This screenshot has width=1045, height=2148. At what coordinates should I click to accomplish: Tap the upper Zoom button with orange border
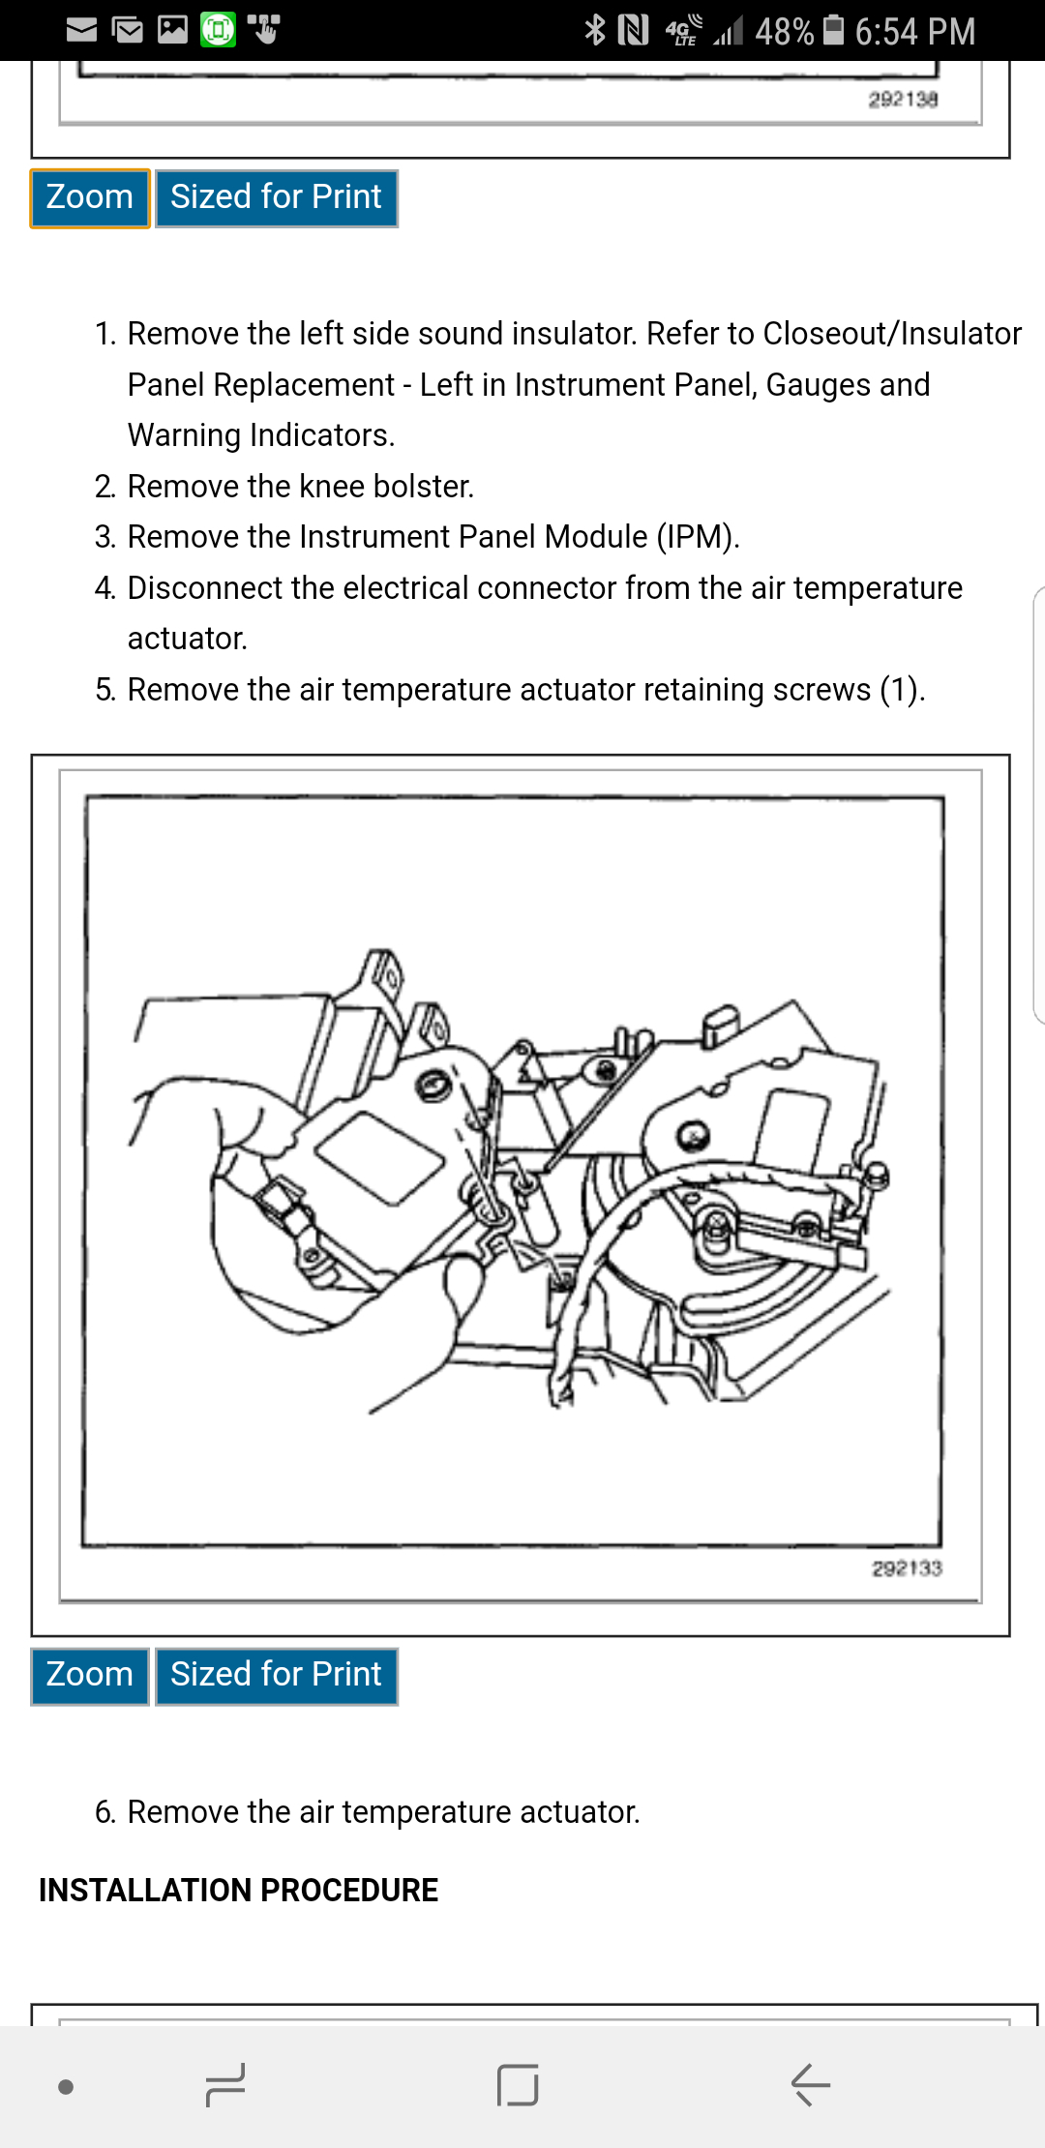pyautogui.click(x=89, y=197)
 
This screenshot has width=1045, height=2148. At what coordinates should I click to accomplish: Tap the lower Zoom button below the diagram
pyautogui.click(x=89, y=1675)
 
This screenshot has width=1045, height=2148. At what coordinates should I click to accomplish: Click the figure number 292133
pyautogui.click(x=907, y=1568)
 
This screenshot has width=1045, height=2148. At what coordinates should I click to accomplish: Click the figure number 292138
pyautogui.click(x=903, y=99)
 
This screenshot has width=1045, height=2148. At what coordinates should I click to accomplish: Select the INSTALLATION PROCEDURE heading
pyautogui.click(x=238, y=1890)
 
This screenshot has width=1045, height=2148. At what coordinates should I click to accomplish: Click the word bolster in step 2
pyautogui.click(x=423, y=486)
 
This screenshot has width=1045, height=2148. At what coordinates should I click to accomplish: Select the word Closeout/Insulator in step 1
pyautogui.click(x=892, y=333)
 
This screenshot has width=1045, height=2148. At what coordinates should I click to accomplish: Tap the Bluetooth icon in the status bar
pyautogui.click(x=594, y=30)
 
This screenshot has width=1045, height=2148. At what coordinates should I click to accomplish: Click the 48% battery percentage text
pyautogui.click(x=784, y=32)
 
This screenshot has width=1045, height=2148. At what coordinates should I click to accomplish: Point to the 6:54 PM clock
pyautogui.click(x=914, y=32)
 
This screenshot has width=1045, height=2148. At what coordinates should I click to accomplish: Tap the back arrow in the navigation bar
pyautogui.click(x=811, y=2084)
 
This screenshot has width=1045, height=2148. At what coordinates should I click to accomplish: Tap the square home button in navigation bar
pyautogui.click(x=518, y=2084)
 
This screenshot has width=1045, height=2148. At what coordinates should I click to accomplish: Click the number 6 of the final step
pyautogui.click(x=104, y=1811)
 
